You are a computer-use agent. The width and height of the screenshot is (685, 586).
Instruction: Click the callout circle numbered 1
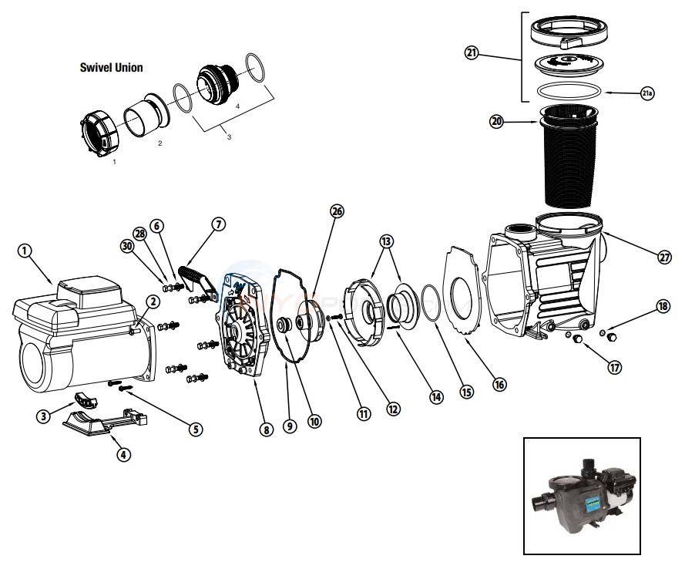click(25, 252)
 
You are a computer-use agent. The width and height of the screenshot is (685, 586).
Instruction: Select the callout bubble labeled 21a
click(647, 93)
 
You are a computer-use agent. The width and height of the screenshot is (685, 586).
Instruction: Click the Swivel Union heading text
click(111, 68)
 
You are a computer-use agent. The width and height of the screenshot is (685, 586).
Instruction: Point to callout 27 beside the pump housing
click(664, 257)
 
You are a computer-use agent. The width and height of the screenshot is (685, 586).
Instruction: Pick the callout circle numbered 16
click(499, 384)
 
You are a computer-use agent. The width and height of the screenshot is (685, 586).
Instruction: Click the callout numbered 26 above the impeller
click(336, 211)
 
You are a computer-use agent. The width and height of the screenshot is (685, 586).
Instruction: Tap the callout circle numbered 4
click(123, 454)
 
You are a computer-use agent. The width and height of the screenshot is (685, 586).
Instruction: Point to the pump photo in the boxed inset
click(582, 496)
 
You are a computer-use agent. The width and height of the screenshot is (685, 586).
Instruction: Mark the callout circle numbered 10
click(314, 422)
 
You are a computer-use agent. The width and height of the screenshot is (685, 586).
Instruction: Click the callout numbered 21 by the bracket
click(472, 52)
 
